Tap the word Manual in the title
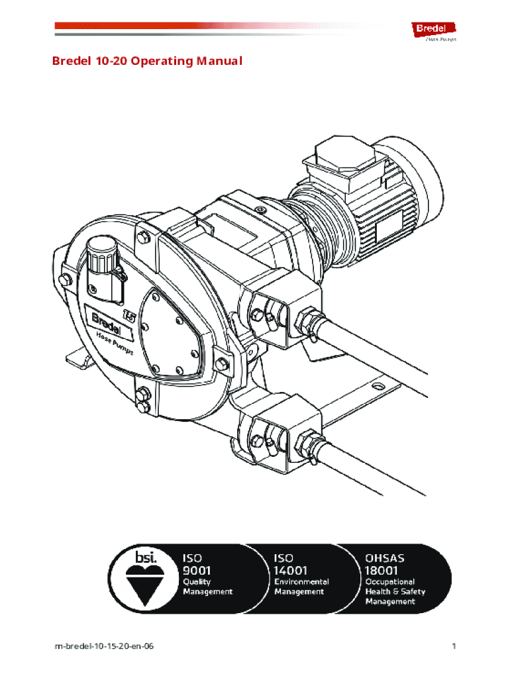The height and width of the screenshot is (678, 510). [219, 62]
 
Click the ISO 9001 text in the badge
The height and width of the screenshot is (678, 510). [197, 563]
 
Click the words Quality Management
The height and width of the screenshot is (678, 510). [207, 587]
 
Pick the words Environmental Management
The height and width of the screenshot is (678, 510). [301, 587]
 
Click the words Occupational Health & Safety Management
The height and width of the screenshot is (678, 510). [395, 591]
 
